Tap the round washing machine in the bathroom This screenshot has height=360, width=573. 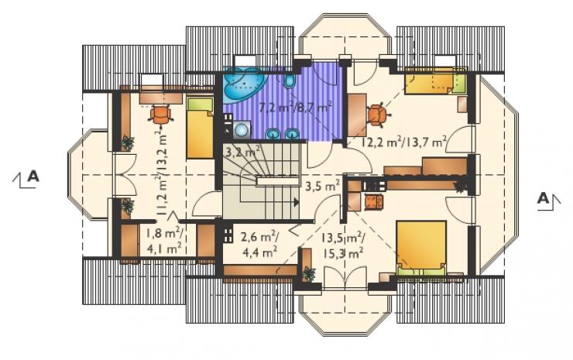241,130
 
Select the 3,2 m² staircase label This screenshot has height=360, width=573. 242,150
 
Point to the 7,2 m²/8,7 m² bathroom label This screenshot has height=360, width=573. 295,108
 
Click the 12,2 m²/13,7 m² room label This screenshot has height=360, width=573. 403,142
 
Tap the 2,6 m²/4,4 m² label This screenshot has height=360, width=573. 259,244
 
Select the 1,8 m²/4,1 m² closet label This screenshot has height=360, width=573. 163,242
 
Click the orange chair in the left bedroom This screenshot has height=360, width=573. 160,115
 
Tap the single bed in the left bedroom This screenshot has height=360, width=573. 200,128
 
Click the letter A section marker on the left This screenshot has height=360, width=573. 33,177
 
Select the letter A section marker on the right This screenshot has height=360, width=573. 544,198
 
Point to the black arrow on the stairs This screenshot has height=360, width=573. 296,202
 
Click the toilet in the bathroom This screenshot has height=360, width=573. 289,81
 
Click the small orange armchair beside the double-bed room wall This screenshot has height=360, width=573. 373,202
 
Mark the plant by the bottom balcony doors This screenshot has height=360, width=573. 309,274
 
